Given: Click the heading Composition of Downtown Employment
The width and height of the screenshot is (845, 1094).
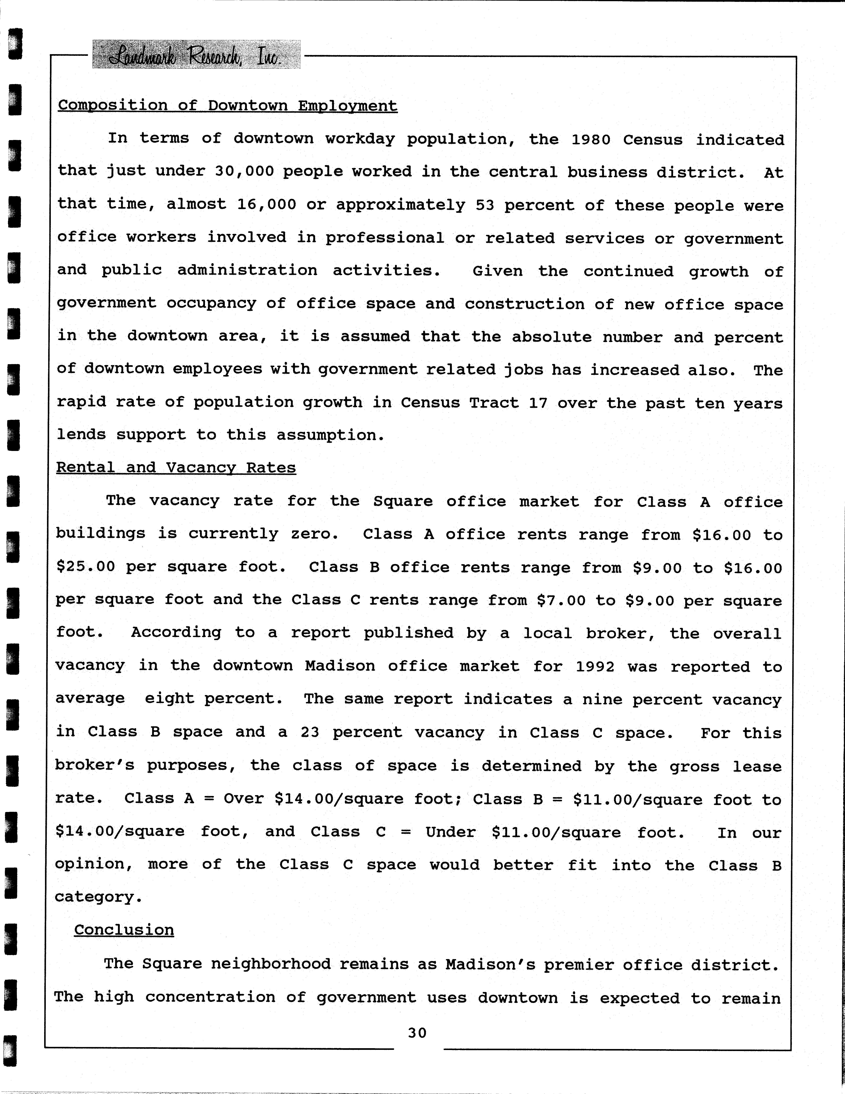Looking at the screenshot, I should click(x=227, y=106).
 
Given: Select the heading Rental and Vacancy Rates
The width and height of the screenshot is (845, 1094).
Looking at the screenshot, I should click(x=176, y=467).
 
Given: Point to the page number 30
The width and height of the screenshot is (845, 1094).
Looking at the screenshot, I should click(x=417, y=1032).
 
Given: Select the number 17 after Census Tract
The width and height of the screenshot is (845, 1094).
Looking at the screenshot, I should click(x=537, y=403).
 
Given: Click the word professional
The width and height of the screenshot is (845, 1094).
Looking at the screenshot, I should click(x=385, y=237).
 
